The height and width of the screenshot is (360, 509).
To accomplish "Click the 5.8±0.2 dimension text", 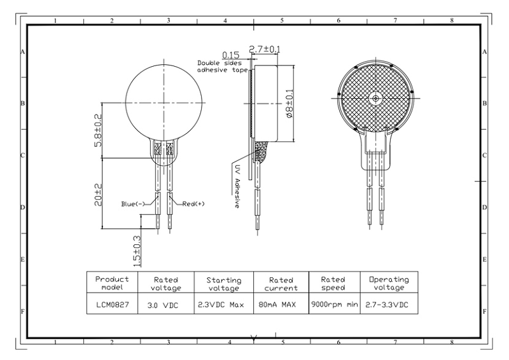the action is pos(98,130).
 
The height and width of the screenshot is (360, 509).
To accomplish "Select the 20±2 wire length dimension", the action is pos(98,195).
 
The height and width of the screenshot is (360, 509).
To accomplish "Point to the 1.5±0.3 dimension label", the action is pos(137,251).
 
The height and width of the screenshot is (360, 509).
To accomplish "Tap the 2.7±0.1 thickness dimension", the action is pos(265,50).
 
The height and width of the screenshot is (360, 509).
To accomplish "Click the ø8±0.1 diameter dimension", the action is pos(289,104).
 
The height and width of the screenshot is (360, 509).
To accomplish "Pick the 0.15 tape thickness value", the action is pos(230,55).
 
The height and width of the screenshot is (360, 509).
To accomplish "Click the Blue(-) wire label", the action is pos(133,204).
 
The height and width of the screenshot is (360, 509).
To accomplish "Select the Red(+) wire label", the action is pos(193,204).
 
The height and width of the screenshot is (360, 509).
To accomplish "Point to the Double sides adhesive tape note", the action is pos(222,67).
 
